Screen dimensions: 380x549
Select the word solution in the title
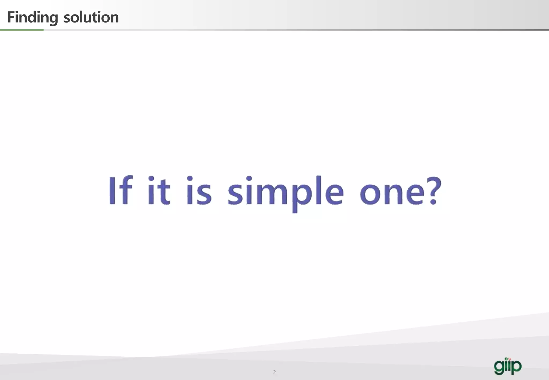pyautogui.click(x=91, y=17)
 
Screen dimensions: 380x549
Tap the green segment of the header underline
pyautogui.click(x=22, y=30)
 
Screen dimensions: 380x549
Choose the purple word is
pyautogui.click(x=199, y=191)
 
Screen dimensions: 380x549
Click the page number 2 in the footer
pyautogui.click(x=274, y=372)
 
